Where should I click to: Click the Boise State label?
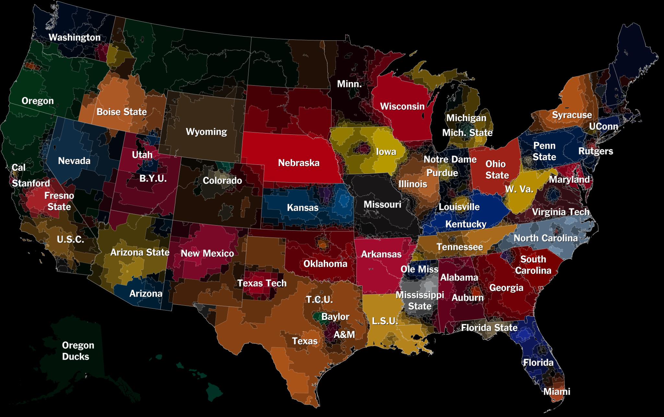pos(122,112)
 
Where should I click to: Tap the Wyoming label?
pos(206,132)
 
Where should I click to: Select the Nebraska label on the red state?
pos(299,163)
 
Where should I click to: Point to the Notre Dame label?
pos(450,159)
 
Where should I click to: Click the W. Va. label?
pos(519,189)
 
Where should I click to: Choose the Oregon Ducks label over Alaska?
pos(78,351)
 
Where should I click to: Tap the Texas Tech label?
pos(262,283)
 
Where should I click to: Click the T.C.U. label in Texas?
pos(319,299)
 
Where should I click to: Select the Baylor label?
pos(335,317)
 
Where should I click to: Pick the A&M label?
pos(344,334)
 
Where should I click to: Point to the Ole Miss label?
pos(419,269)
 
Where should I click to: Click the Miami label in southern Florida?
pos(556,391)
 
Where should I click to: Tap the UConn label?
pos(603,126)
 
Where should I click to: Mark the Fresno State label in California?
pos(59,201)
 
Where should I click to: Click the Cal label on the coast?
pos(18,167)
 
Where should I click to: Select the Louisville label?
pos(459,207)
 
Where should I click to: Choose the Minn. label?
pos(349,84)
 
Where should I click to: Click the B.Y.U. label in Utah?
pos(153,178)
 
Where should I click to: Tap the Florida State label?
pos(489,328)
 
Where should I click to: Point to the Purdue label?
pos(442,173)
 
